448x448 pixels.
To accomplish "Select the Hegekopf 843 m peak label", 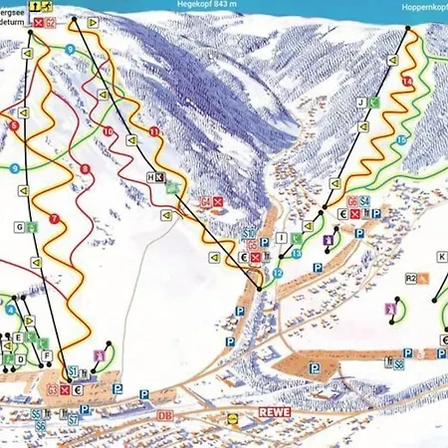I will click(211, 4).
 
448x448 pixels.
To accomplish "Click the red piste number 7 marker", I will click(52, 217).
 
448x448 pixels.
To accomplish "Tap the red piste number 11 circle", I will click(153, 131).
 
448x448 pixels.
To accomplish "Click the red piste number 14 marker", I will click(406, 80).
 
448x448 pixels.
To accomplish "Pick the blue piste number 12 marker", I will click(278, 272).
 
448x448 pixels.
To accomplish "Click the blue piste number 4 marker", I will click(9, 309).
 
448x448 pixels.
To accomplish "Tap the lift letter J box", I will click(360, 102).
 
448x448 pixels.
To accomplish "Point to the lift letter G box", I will click(19, 227).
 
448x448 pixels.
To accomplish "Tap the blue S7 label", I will click(73, 420).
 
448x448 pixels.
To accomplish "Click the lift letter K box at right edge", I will click(441, 256).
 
